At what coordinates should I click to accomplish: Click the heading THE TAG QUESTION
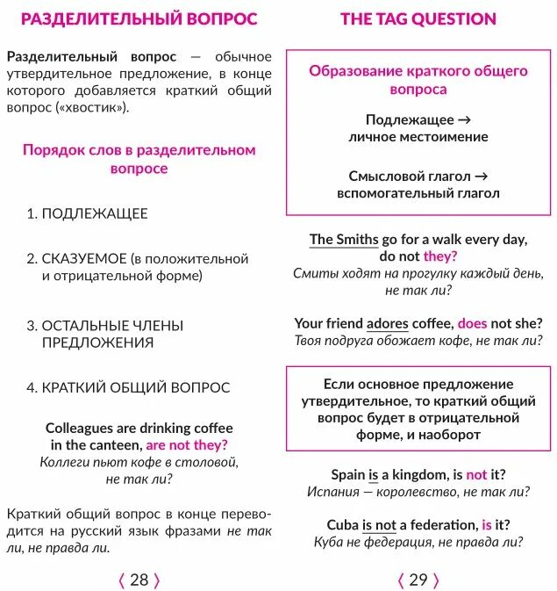point(418,19)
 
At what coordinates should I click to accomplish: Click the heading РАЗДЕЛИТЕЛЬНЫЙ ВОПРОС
point(139,19)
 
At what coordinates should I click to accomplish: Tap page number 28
point(139,580)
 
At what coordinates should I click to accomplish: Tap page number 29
point(418,580)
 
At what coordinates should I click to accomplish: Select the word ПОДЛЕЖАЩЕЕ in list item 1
point(95,213)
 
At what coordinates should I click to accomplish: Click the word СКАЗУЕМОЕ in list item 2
point(83,259)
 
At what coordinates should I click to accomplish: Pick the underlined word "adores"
point(387,323)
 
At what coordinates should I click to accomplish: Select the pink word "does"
point(472,323)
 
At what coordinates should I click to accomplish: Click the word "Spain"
point(347,474)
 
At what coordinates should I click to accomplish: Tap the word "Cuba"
point(342,525)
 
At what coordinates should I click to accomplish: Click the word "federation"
point(441,525)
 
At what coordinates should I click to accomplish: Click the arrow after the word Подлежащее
point(465,119)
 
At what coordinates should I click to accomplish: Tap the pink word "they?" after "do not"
point(440,256)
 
